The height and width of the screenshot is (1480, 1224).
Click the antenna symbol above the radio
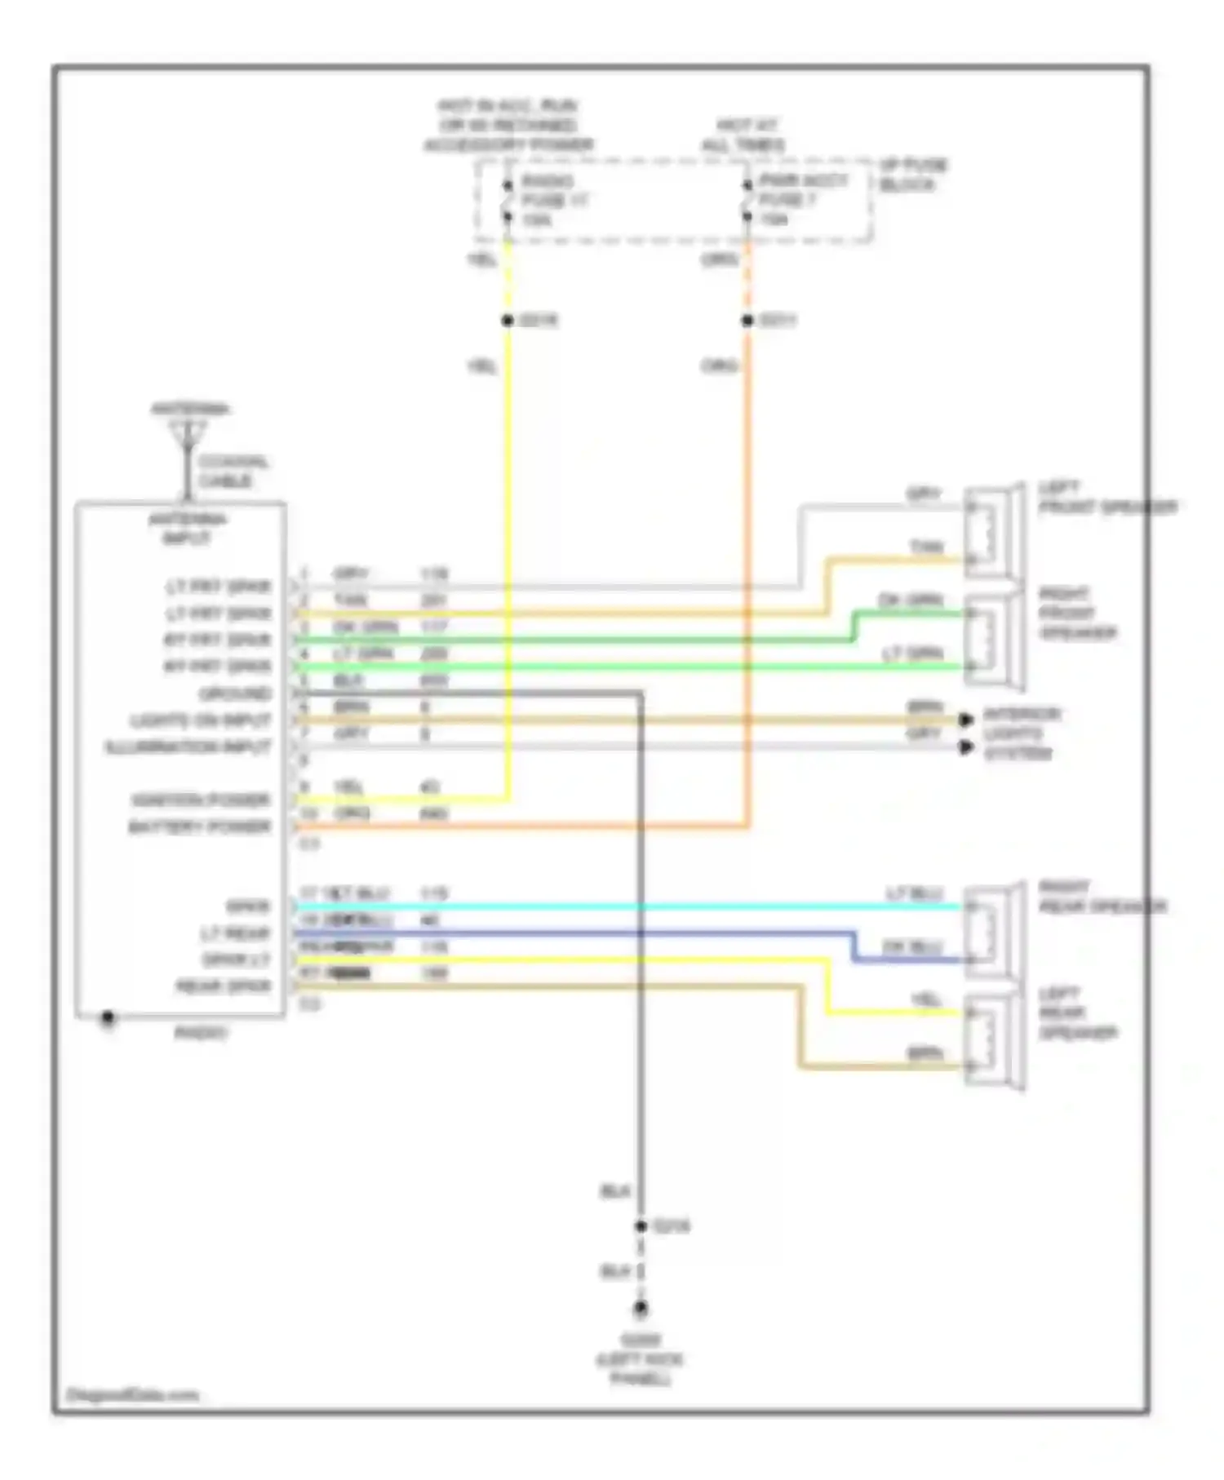point(188,436)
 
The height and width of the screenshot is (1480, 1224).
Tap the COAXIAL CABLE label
point(233,472)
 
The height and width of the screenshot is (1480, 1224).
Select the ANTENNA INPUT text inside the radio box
point(187,529)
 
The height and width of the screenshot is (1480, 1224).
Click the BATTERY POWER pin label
point(199,826)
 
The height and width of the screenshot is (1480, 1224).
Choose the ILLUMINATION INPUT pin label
point(188,747)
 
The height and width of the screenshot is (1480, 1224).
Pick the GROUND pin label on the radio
point(235,693)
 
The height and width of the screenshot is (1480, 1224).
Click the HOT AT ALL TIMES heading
point(743,135)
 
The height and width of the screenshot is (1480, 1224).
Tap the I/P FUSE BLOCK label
point(913,175)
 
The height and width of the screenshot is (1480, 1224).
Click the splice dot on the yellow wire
point(508,321)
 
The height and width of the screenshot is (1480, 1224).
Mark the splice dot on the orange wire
point(747,321)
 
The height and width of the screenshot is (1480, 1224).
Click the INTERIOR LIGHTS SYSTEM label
point(1020,733)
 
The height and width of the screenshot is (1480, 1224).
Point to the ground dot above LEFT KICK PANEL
point(641,1309)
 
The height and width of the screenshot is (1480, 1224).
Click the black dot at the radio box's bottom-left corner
point(107,1017)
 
